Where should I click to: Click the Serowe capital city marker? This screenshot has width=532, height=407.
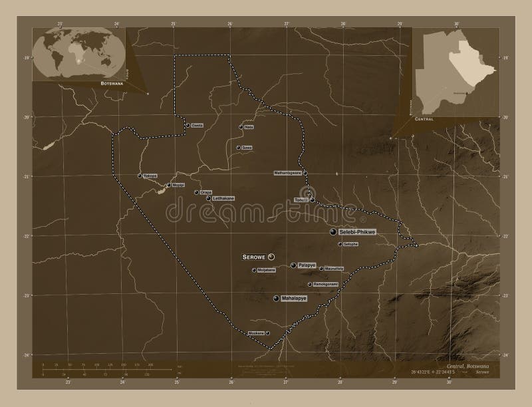tap(271, 257)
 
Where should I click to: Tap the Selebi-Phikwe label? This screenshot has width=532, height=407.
tap(358, 232)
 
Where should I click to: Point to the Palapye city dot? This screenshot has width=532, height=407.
tap(293, 265)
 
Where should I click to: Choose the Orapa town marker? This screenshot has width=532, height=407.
tap(197, 192)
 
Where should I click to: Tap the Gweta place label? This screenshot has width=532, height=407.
tap(197, 125)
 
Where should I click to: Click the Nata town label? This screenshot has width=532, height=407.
tap(249, 126)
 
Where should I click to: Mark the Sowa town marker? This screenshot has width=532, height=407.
tap(238, 148)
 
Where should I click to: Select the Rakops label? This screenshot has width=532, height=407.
tap(150, 176)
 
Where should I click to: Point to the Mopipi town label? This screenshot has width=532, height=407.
tap(178, 185)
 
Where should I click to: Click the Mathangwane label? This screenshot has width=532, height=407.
tap(288, 173)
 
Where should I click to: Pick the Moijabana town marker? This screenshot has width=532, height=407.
tap(254, 270)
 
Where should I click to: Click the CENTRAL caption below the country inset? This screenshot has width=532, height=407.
tap(424, 118)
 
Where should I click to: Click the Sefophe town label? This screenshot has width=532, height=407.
tap(351, 245)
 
